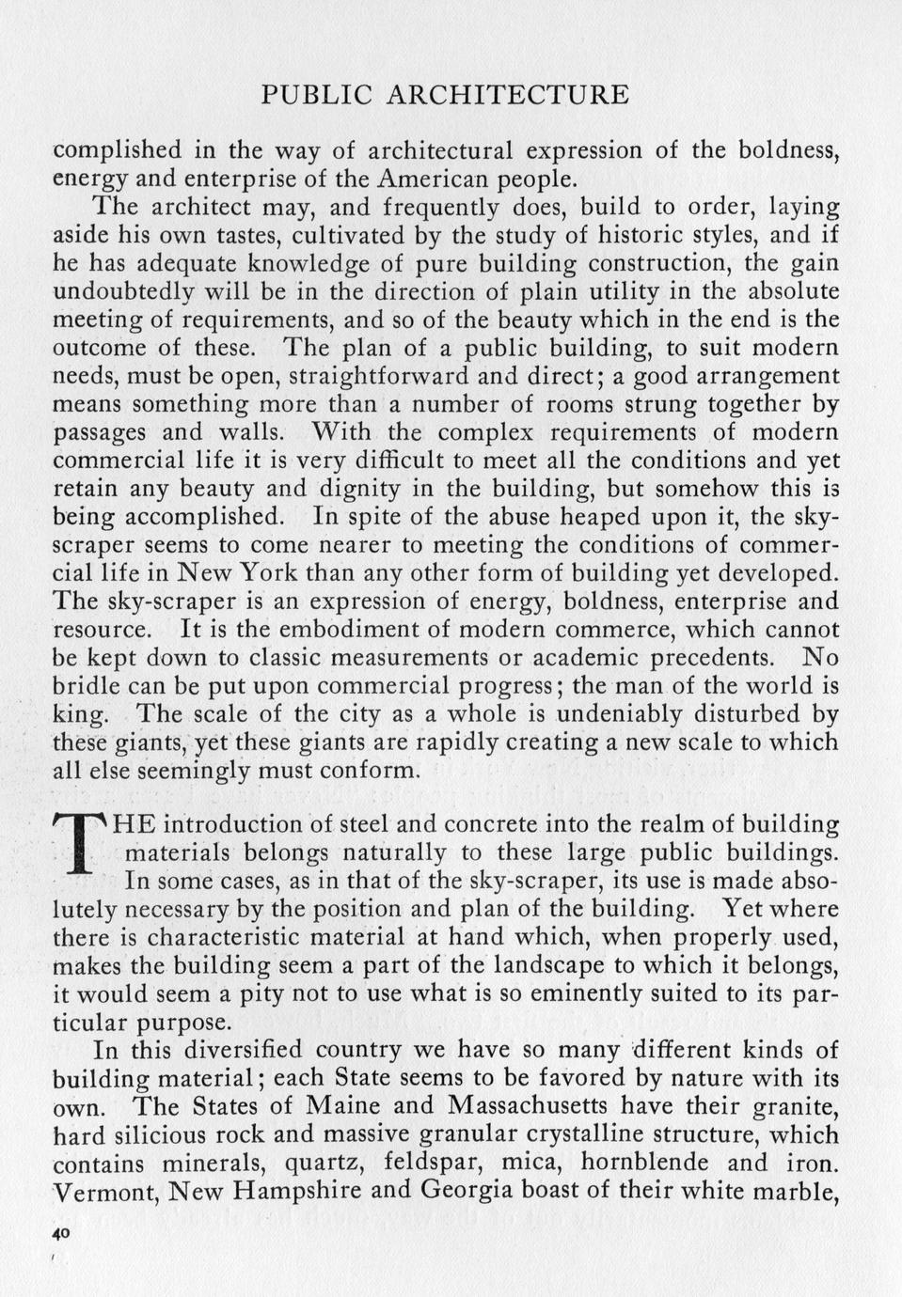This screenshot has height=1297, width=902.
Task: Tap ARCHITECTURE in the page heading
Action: point(508,95)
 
